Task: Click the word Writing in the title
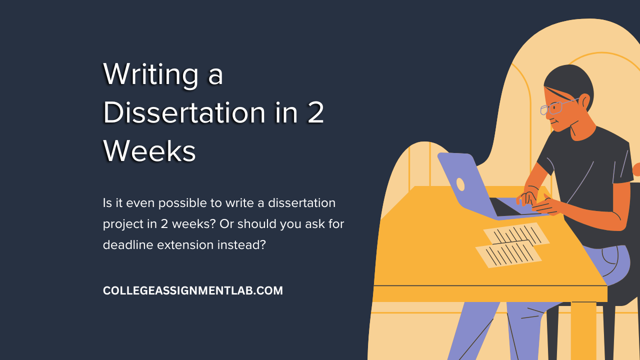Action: pyautogui.click(x=150, y=75)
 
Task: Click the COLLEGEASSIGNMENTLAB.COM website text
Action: pyautogui.click(x=193, y=290)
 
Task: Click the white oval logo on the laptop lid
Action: pyautogui.click(x=460, y=184)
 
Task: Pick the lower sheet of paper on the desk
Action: pyautogui.click(x=508, y=254)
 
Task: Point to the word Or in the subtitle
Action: pyautogui.click(x=226, y=224)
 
